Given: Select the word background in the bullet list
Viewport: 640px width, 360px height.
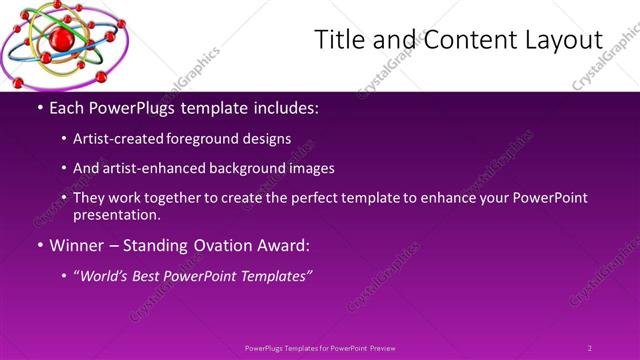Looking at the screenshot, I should point(243,169).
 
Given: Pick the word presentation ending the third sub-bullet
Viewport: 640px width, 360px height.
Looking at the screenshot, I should point(115,214).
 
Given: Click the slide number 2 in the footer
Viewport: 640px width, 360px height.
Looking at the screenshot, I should point(590,348).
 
